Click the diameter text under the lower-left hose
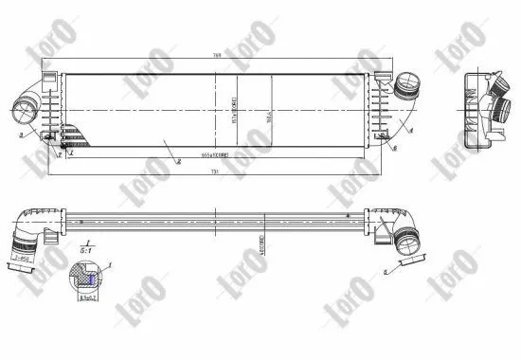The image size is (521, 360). tap(21, 257)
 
